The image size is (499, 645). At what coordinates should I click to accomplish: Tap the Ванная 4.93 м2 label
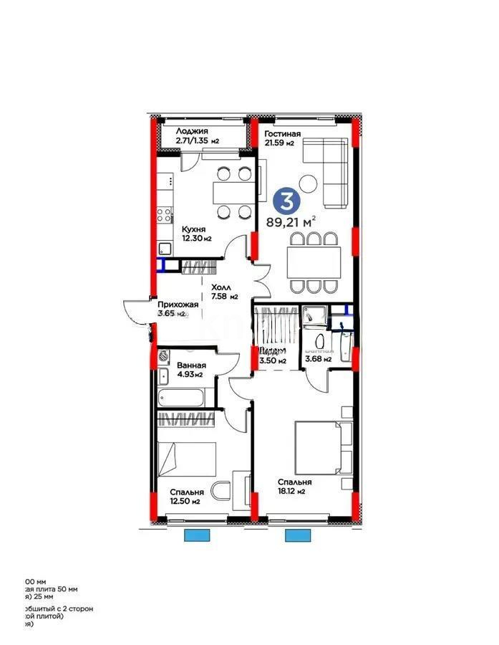[190, 369]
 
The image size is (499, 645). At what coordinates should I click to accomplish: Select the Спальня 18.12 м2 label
[293, 487]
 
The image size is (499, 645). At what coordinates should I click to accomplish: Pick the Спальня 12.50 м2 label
[185, 497]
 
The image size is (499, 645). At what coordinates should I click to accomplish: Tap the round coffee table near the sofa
[309, 183]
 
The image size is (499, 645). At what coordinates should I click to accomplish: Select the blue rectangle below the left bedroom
[195, 535]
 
